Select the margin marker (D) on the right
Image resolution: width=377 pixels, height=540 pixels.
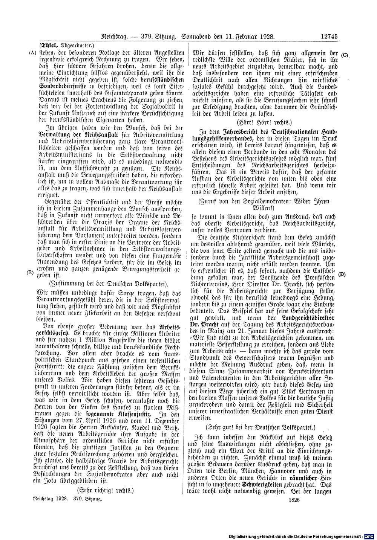pos(342,275)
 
